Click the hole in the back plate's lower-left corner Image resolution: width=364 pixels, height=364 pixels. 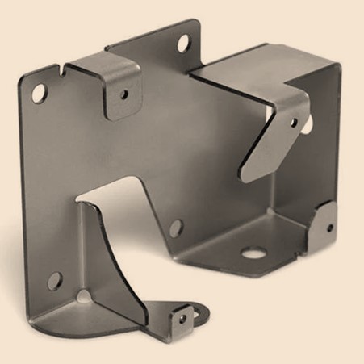54,281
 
